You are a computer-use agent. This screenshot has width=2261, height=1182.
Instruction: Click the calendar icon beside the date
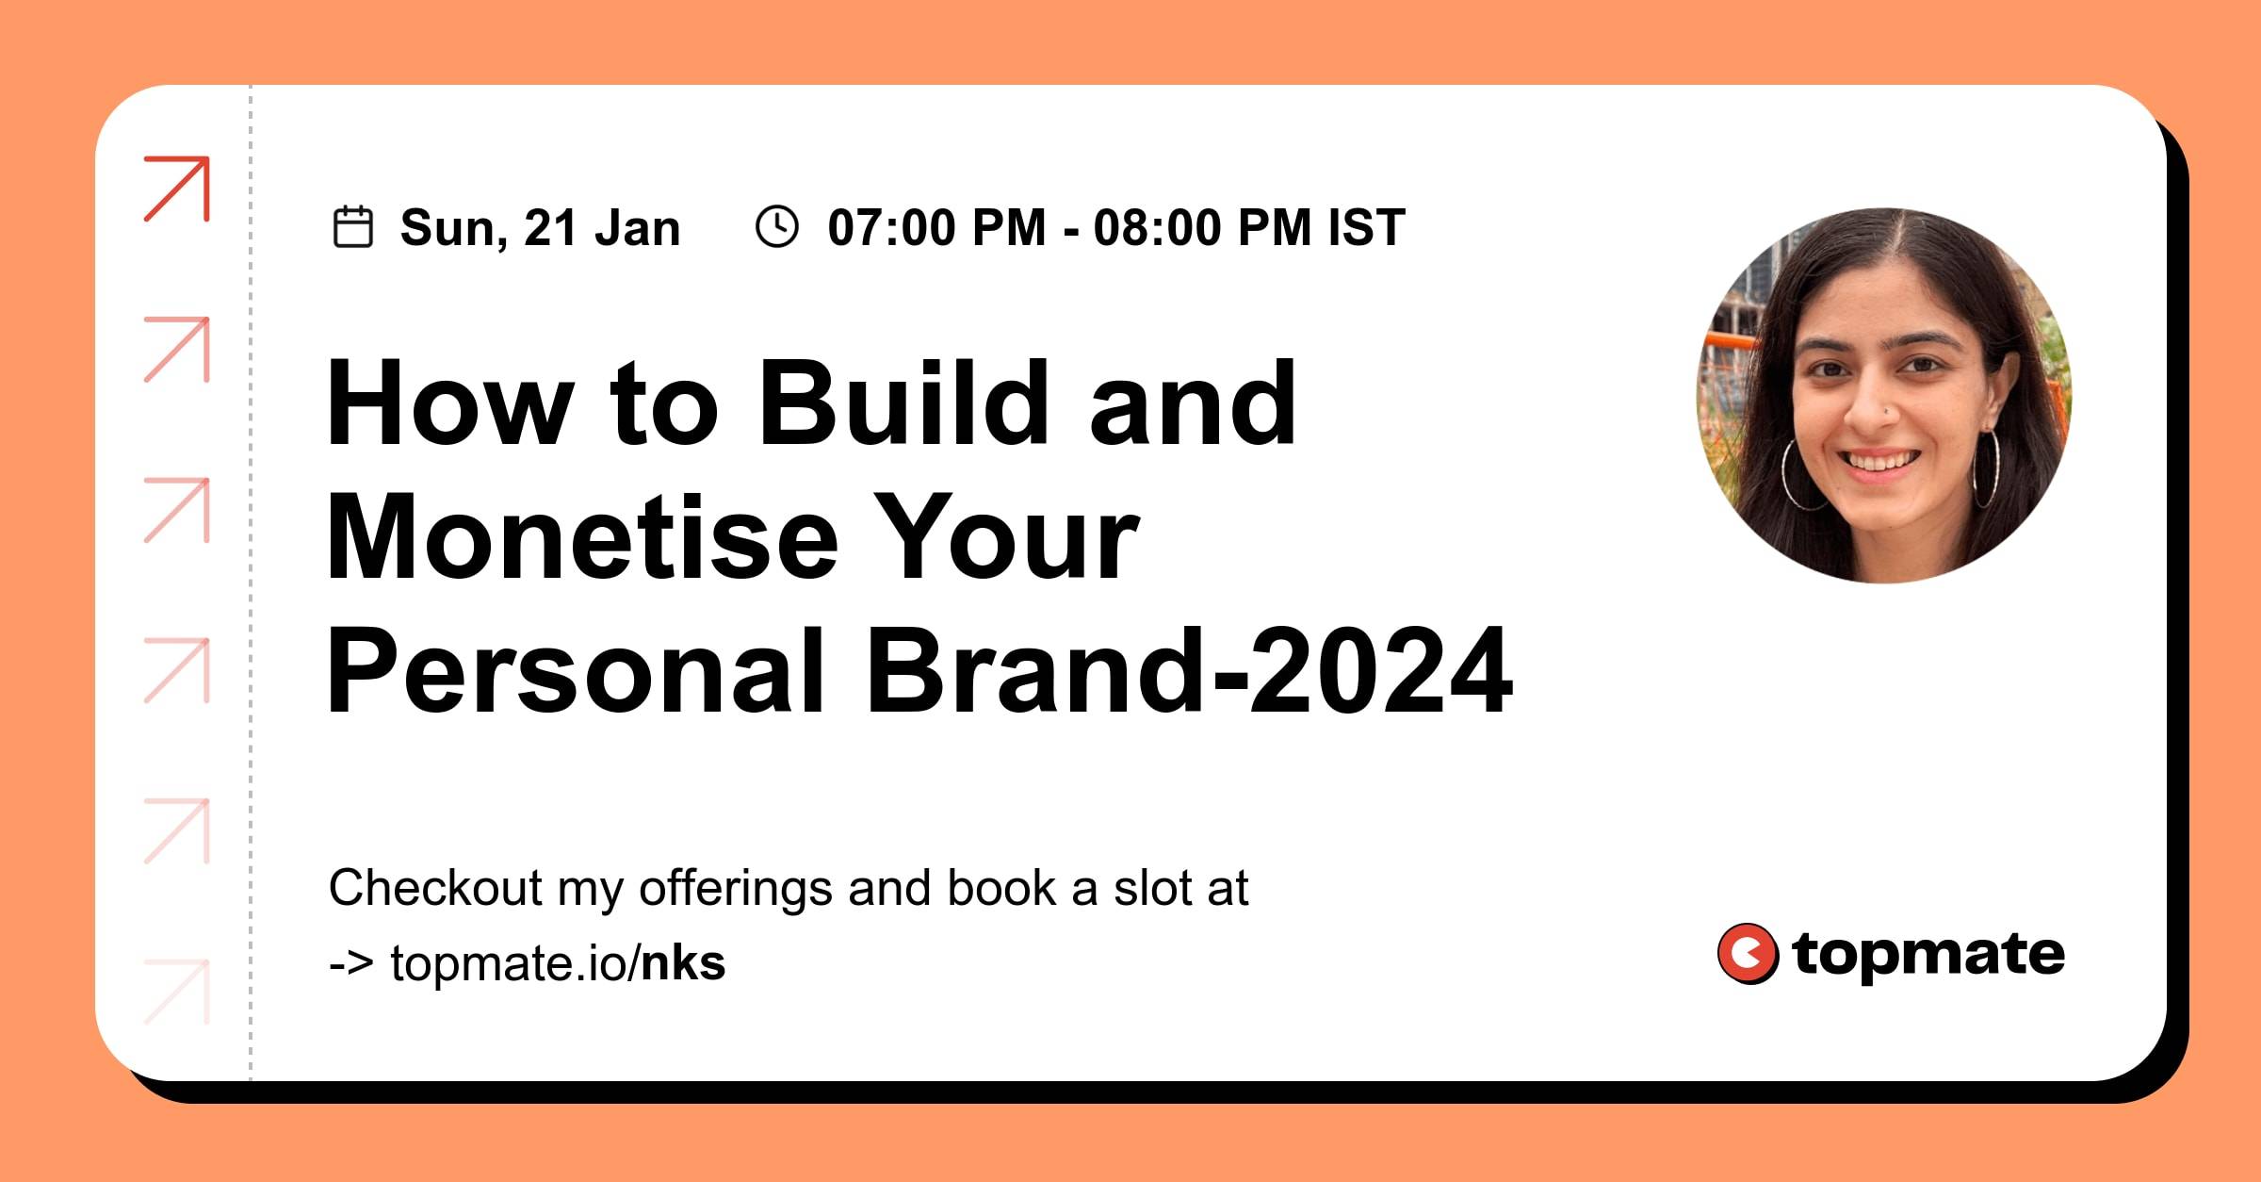tap(353, 227)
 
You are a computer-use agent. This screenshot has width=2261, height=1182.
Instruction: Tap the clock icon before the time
tap(777, 227)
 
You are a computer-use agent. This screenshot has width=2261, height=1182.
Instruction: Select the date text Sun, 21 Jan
tap(540, 229)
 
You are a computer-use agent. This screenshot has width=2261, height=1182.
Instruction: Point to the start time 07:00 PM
tap(937, 228)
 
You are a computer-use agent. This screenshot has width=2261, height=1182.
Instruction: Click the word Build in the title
tap(903, 402)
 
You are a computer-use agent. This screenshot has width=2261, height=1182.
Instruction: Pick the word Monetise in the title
tap(582, 537)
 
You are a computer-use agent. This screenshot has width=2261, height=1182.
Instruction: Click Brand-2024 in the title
tap(1189, 671)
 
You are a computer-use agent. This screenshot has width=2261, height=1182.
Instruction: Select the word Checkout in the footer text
tap(435, 888)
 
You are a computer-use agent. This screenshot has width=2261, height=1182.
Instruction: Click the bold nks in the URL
tap(683, 963)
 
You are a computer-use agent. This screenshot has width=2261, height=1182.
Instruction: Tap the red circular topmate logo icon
tap(1748, 954)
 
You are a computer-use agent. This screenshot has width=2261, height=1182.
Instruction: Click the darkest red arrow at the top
tap(177, 189)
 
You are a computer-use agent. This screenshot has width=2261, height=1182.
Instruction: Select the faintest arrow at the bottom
tap(177, 992)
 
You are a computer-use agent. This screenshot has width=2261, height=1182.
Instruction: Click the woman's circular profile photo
tap(1883, 396)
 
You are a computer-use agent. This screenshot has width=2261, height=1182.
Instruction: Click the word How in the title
tap(450, 402)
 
